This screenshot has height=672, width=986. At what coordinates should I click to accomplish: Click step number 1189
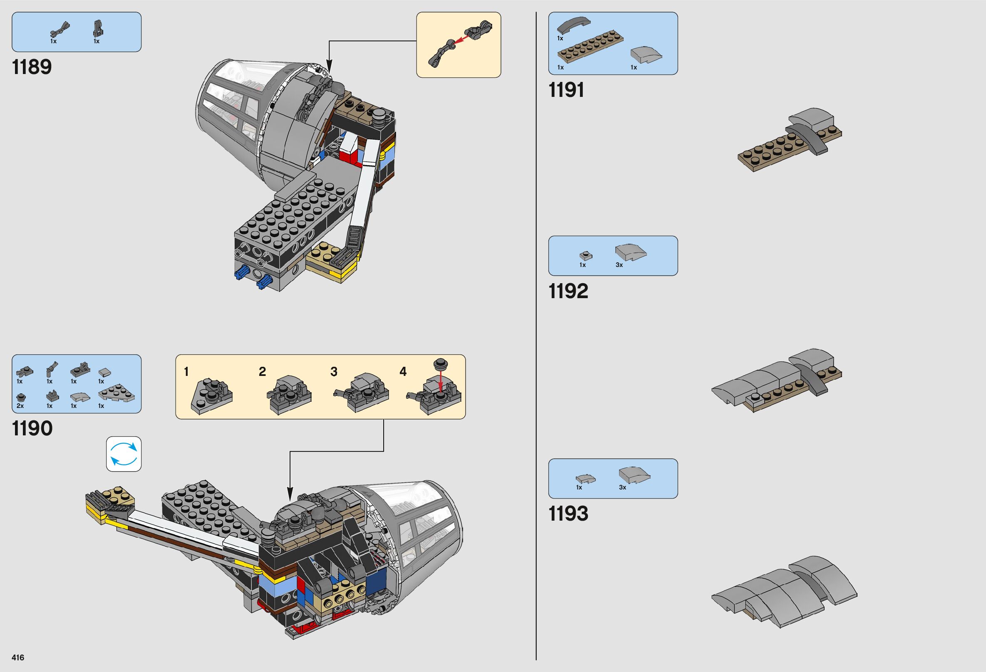[x=32, y=67]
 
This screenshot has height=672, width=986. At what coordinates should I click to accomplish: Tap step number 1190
[x=33, y=428]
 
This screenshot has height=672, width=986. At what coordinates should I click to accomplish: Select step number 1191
[x=566, y=90]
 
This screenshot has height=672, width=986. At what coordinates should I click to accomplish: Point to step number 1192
[x=568, y=291]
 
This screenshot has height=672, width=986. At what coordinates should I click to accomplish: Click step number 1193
[x=568, y=514]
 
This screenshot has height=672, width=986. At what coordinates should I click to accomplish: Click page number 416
[x=18, y=657]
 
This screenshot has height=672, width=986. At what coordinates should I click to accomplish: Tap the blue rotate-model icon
[x=124, y=454]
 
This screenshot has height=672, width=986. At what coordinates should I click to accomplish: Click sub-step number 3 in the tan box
[x=334, y=372]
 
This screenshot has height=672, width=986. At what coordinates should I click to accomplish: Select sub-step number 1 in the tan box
[x=186, y=372]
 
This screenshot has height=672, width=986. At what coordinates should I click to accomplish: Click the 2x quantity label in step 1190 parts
[x=20, y=406]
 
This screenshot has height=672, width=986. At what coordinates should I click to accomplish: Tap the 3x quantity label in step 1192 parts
[x=619, y=265]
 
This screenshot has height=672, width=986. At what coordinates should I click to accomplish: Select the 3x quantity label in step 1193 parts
[x=622, y=487]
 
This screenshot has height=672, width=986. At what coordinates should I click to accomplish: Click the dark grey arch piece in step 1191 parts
[x=573, y=26]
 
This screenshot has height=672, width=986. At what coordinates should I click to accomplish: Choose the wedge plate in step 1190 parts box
[x=117, y=394]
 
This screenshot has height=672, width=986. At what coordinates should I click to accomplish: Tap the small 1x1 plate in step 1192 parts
[x=585, y=256]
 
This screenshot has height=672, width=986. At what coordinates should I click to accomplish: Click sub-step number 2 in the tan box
[x=262, y=372]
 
